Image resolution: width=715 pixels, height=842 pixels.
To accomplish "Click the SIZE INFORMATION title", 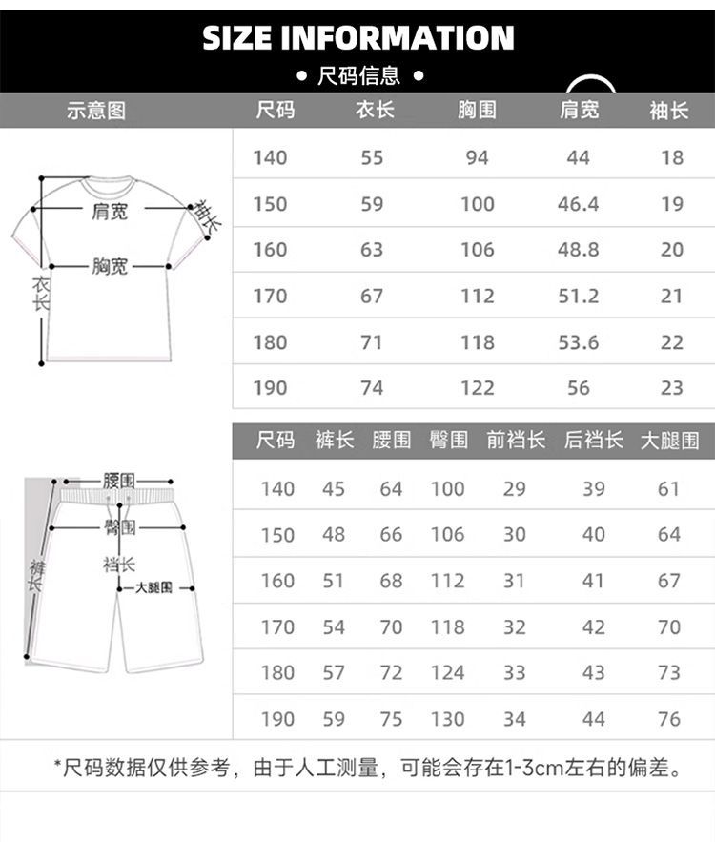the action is (357, 38).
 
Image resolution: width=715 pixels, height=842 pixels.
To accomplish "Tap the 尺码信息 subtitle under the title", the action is (358, 75).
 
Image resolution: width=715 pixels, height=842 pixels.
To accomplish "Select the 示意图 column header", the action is (95, 111).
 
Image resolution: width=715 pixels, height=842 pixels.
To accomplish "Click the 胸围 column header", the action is (477, 111).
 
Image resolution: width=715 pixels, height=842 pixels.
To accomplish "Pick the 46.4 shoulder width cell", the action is (578, 204).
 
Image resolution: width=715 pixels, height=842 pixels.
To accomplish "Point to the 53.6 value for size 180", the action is (578, 342).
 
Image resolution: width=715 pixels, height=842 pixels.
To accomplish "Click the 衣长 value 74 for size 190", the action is (372, 388).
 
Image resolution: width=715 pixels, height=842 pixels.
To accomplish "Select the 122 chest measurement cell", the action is (477, 388).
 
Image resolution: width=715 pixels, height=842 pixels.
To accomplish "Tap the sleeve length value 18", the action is (672, 157).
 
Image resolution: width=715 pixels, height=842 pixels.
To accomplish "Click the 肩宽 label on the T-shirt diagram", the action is (110, 211).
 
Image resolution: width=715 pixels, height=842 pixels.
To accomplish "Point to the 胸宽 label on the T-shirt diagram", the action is (110, 267).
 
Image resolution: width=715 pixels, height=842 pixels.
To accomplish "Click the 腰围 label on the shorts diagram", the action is (119, 481).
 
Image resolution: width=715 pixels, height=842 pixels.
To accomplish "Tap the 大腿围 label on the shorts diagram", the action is (153, 588).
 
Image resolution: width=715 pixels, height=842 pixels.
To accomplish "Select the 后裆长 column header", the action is (593, 440).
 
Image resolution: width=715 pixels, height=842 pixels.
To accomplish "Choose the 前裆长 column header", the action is (516, 440).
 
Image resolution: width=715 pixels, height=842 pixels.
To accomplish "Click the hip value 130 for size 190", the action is (447, 719).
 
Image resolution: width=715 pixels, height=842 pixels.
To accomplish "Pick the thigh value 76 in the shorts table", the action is (669, 719).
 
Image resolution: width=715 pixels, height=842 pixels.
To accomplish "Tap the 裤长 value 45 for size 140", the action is (334, 489).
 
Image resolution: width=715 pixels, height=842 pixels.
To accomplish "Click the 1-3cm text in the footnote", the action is (515, 768).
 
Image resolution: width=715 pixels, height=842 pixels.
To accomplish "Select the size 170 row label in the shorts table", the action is (277, 627).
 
